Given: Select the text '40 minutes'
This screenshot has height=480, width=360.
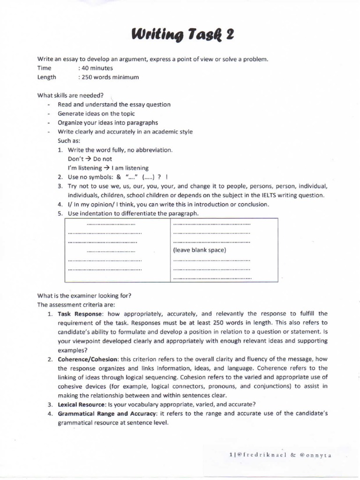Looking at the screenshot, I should coord(97,68).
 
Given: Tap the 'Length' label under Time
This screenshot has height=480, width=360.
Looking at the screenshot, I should coord(46,77).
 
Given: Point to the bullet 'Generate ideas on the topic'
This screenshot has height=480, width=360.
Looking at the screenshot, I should coord(96,113).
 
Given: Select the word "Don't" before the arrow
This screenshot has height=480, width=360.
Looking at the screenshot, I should coord(75,159).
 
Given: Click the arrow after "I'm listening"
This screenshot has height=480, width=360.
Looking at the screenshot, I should coord(106,168).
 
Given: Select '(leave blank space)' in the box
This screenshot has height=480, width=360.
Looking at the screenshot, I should coord(200,250).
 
